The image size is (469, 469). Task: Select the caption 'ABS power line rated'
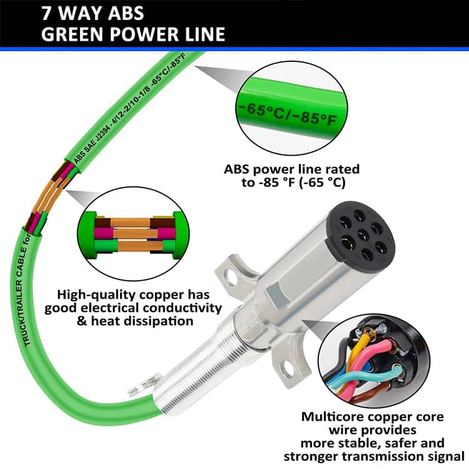point(291,169)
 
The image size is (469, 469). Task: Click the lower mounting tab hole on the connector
point(287,369)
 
